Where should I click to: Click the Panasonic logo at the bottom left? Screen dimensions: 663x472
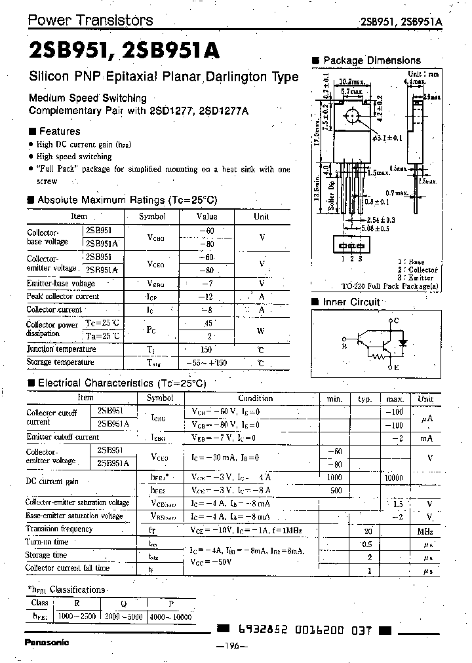coord(47,642)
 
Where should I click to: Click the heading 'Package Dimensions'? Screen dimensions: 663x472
coord(371,60)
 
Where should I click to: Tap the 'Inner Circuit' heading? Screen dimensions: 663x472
coord(351,302)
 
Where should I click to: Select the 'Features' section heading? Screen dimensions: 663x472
coord(59,131)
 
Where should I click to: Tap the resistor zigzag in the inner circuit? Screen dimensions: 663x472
coord(378,356)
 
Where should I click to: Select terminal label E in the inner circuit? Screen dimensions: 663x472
coord(396,368)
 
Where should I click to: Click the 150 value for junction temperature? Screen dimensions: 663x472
coord(206,350)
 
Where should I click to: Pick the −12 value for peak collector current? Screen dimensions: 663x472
coord(206,296)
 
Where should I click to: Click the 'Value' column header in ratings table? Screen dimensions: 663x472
coord(206,216)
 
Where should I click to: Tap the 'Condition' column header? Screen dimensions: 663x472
coord(255,398)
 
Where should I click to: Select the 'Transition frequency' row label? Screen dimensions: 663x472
coord(59,529)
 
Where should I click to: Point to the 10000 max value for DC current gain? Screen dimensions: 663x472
coord(395,479)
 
